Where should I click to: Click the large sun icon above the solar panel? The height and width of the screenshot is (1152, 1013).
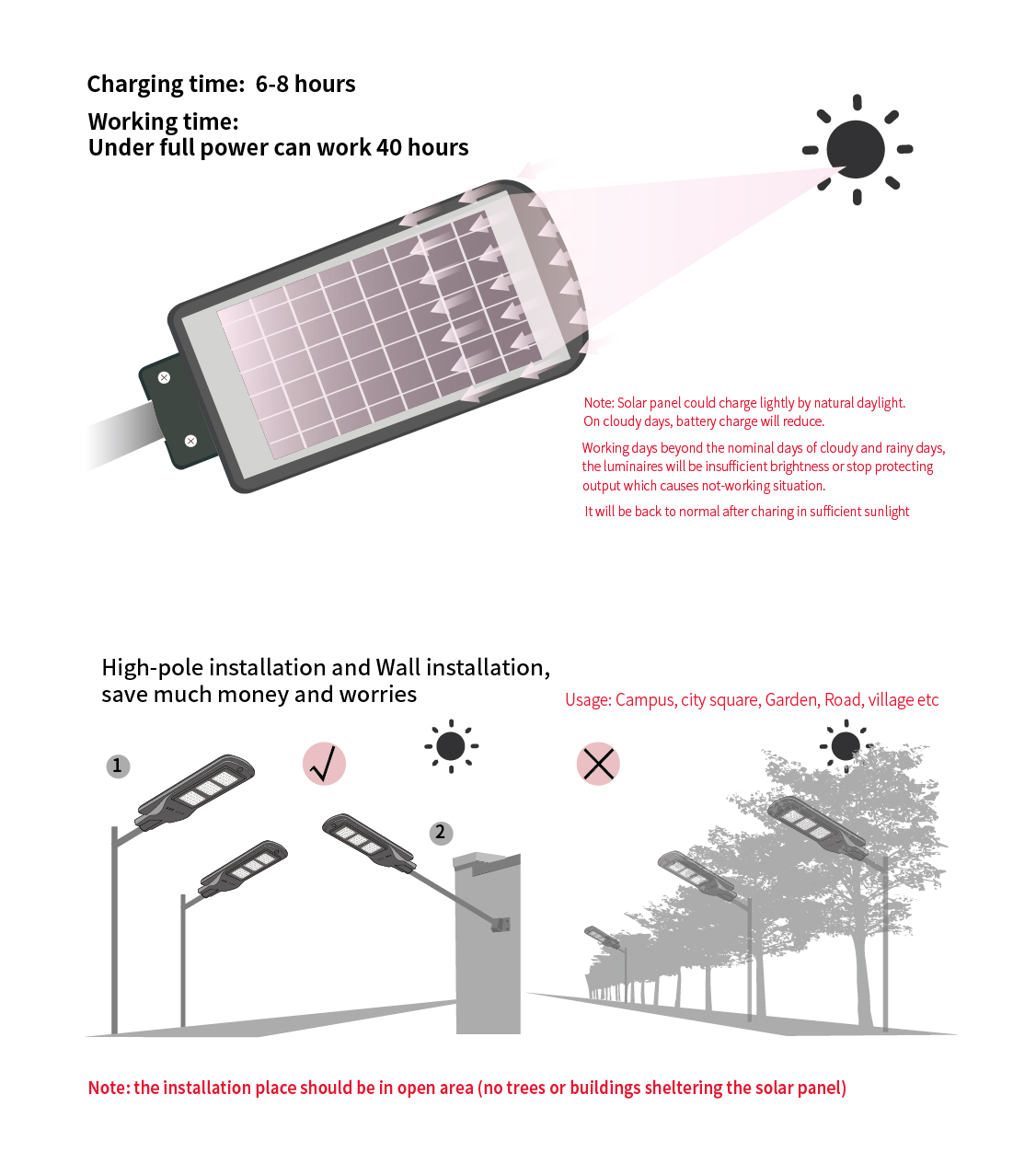856,150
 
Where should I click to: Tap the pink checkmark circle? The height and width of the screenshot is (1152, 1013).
324,763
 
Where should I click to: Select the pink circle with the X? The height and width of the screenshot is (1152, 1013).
597,763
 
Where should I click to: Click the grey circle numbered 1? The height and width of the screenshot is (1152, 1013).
118,766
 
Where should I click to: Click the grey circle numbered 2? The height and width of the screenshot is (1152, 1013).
440,833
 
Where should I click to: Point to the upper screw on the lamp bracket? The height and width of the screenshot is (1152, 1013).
164,377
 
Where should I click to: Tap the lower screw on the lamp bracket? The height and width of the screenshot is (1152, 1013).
190,440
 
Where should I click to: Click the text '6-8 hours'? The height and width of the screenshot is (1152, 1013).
305,84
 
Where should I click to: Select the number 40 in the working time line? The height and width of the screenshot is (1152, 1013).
388,147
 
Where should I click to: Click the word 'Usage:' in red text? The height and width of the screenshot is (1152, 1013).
588,699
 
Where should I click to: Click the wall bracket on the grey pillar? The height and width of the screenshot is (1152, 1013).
501,924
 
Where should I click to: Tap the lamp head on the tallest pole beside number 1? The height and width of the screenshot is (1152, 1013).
194,791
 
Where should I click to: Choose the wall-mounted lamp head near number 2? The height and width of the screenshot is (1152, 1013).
369,843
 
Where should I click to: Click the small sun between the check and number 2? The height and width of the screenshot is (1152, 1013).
451,745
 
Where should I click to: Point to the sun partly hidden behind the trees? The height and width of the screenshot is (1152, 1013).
846,745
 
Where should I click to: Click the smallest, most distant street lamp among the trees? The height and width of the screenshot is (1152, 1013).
601,937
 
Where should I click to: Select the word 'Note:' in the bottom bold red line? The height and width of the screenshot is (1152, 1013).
109,1088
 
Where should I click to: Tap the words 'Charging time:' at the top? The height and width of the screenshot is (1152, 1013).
166,84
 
